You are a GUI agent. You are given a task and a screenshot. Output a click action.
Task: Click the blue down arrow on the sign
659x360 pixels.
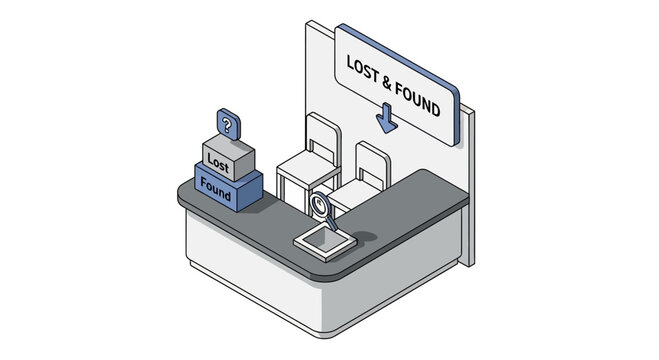point(386,121)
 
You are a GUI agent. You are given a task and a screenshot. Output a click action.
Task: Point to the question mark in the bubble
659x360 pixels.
point(228,126)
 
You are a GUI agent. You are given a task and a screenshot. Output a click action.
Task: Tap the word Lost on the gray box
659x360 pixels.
point(217,161)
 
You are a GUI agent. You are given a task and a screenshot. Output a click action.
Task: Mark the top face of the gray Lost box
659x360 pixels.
point(229,143)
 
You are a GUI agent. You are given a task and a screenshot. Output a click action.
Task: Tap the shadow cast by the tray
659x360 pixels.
point(361,238)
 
